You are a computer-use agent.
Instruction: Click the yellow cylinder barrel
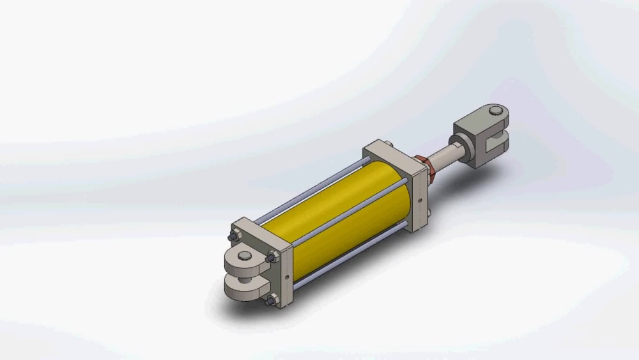[332, 217]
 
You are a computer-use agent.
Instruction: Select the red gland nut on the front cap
[423, 166]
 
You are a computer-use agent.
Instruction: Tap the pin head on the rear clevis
[245, 257]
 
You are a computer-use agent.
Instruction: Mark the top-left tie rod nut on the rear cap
[235, 237]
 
